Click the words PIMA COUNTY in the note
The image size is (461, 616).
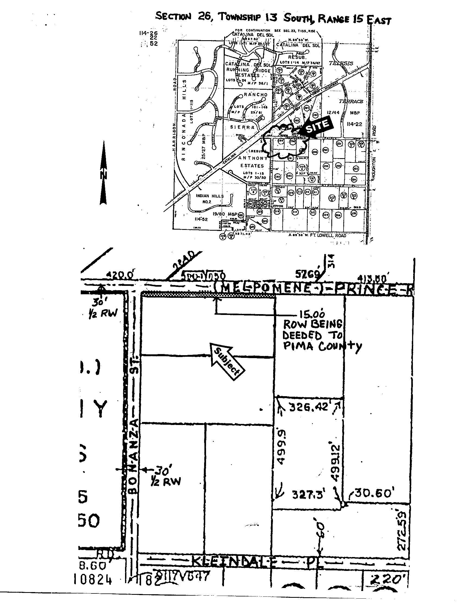coord(322,346)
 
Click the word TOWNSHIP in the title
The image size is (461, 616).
coord(239,17)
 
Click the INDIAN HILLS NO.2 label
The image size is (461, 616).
coord(210,198)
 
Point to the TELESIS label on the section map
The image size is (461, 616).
coord(341,63)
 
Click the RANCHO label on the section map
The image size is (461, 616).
coord(256,95)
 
